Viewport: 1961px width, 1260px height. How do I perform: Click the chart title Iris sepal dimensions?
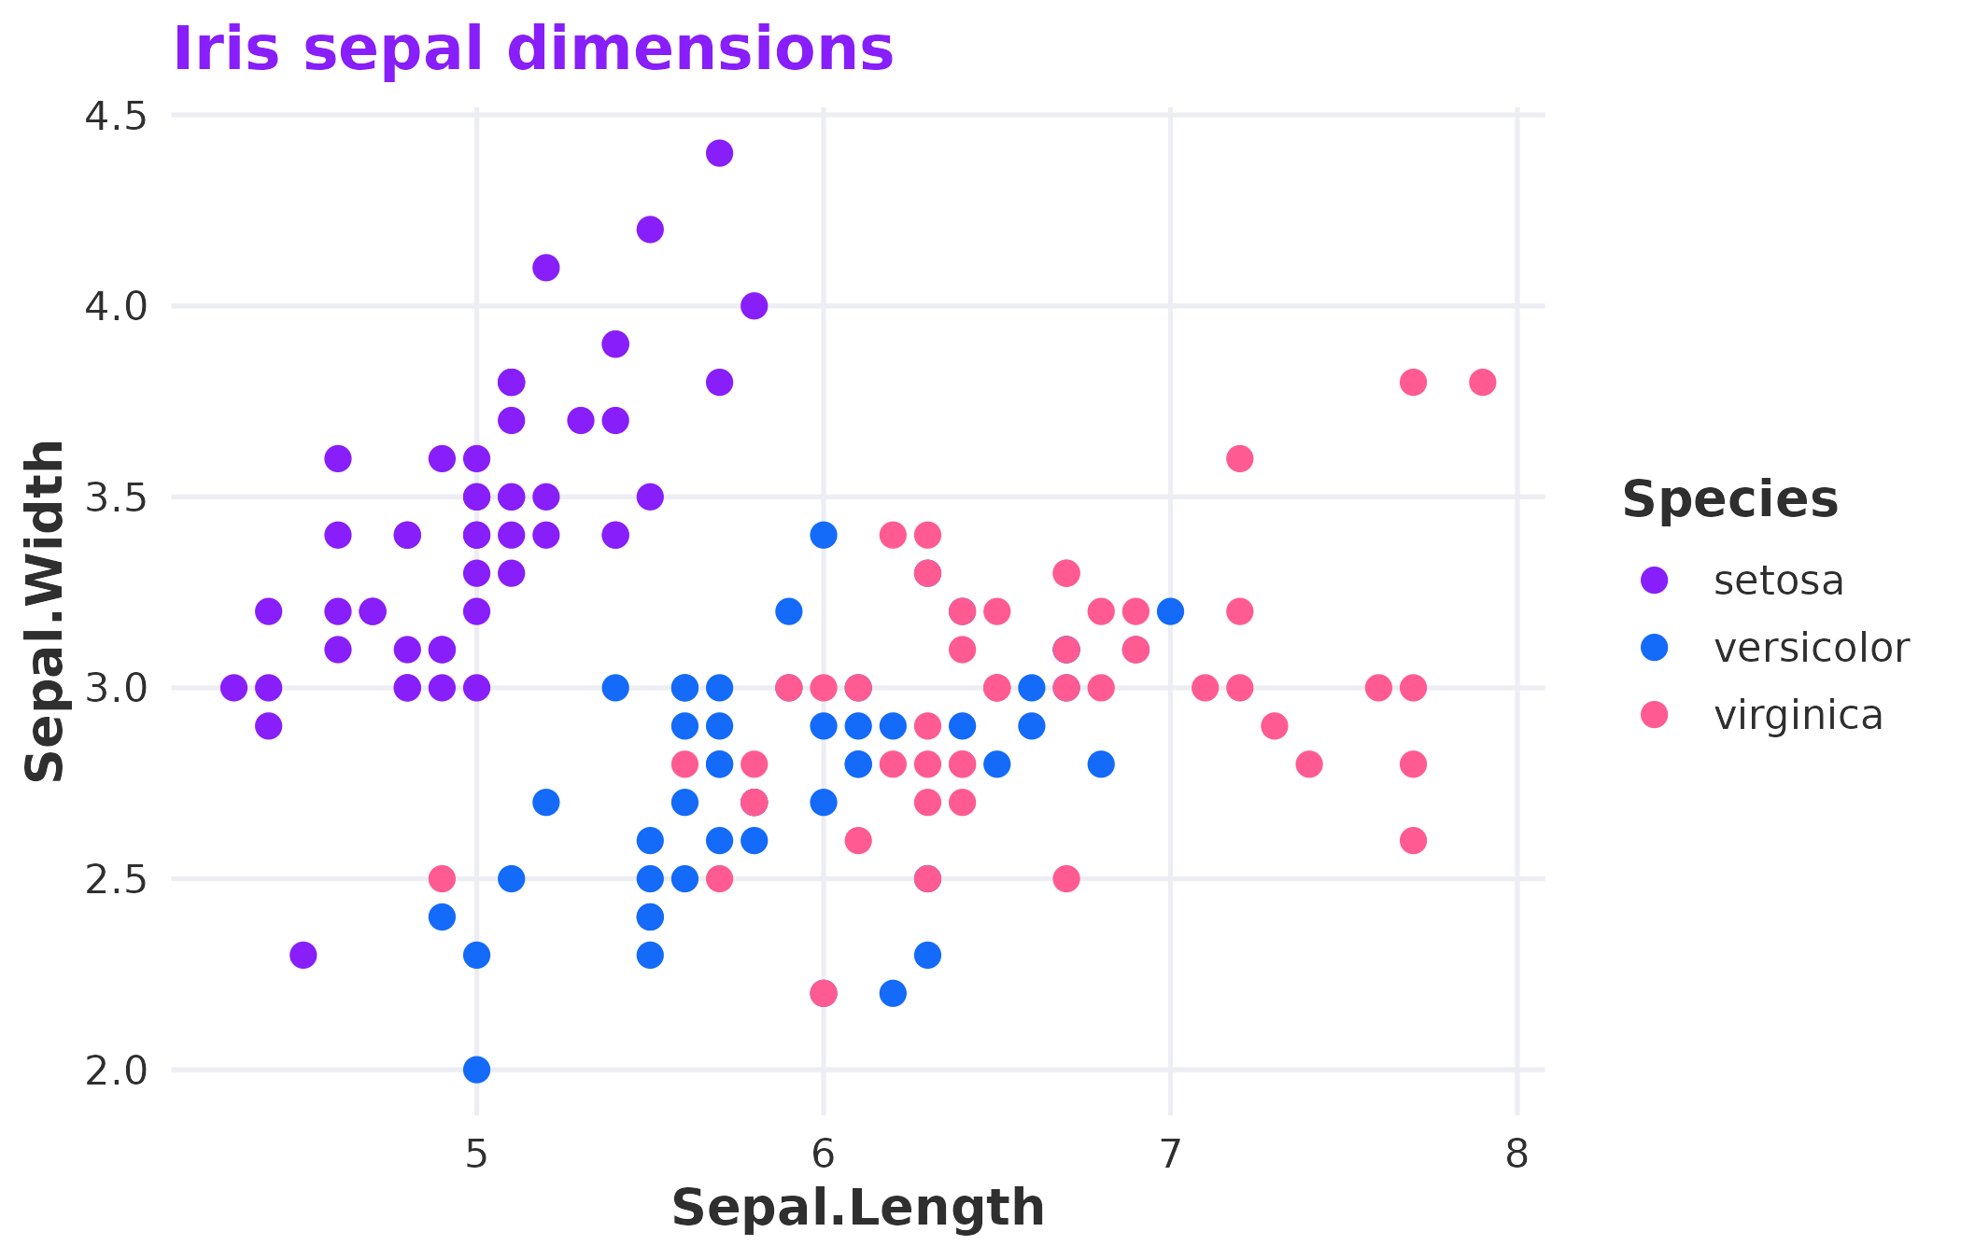(x=532, y=49)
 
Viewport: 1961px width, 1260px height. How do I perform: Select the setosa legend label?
(x=1778, y=581)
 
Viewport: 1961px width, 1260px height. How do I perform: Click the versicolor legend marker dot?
(x=1655, y=648)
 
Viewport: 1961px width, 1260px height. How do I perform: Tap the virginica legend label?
(x=1798, y=716)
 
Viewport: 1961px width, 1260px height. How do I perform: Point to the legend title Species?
(x=1729, y=499)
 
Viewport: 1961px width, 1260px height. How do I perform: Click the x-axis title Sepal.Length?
(x=857, y=1208)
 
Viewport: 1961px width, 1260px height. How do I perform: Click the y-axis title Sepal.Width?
(x=45, y=611)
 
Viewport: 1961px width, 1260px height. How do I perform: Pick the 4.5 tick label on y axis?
(x=116, y=117)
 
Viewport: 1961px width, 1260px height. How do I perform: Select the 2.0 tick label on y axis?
(x=116, y=1071)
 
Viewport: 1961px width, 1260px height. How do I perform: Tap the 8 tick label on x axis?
(x=1517, y=1155)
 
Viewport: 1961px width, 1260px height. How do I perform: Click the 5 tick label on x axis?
(x=476, y=1155)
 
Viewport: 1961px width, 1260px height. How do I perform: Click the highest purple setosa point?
(x=719, y=153)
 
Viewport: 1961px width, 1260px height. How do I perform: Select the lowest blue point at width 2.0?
(x=476, y=1069)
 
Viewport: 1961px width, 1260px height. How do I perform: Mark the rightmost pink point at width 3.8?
(x=1482, y=382)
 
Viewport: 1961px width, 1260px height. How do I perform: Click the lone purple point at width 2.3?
(x=303, y=955)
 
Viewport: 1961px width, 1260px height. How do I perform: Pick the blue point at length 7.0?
(x=1170, y=611)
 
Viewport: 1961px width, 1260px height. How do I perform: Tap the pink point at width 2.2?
(x=823, y=993)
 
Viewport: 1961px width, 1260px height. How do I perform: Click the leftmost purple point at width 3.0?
(x=233, y=688)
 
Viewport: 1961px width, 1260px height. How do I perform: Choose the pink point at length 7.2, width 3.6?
(x=1239, y=458)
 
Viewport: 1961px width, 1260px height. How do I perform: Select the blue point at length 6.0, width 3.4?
(x=823, y=535)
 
